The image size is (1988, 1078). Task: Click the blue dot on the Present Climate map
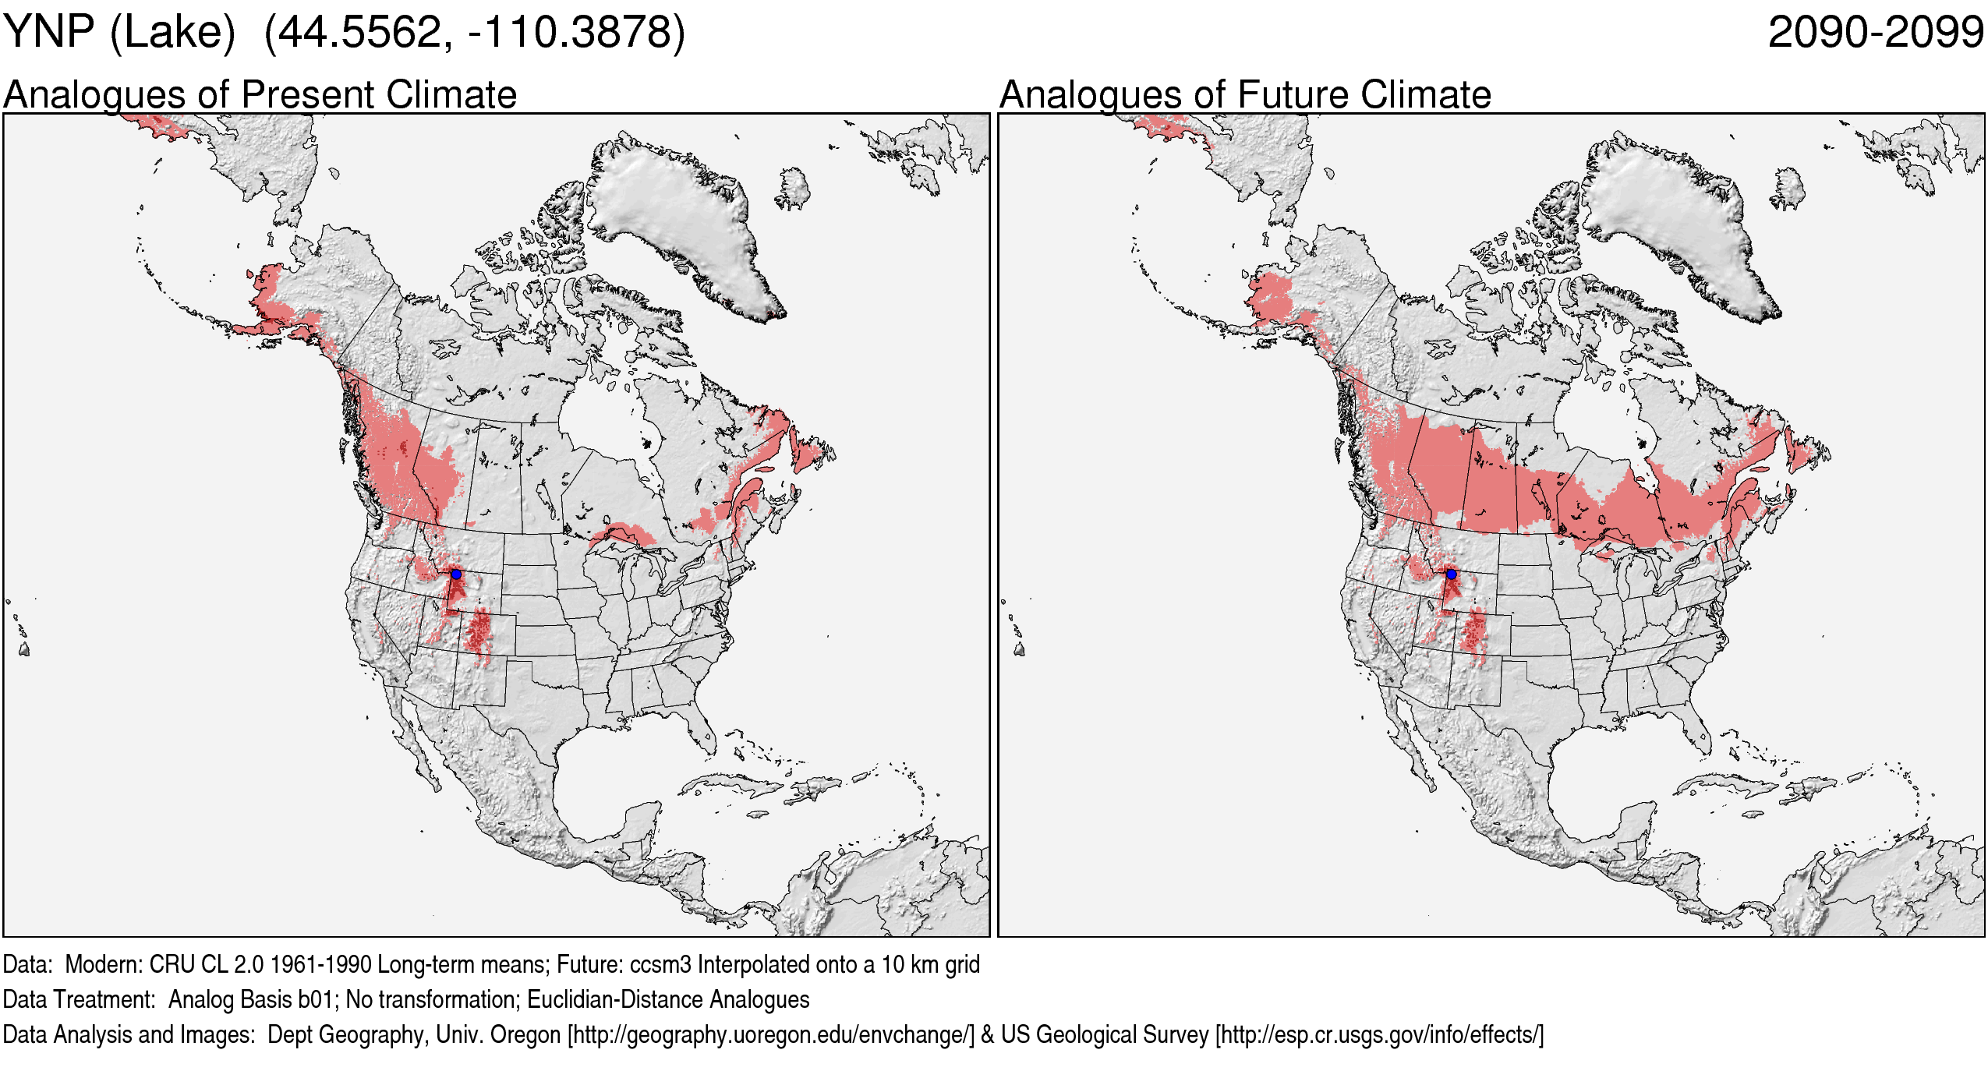pyautogui.click(x=456, y=574)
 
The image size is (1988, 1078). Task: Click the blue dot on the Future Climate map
pyautogui.click(x=1451, y=574)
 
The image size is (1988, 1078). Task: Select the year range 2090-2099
pyautogui.click(x=1875, y=33)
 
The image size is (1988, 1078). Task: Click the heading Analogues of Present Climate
pyautogui.click(x=260, y=95)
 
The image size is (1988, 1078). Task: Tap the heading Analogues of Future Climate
pyautogui.click(x=1245, y=95)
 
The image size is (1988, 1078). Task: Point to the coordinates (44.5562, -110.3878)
pyautogui.click(x=475, y=33)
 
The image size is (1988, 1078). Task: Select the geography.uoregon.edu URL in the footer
pyautogui.click(x=771, y=1035)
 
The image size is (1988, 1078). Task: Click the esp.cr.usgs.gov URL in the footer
pyautogui.click(x=1379, y=1035)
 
